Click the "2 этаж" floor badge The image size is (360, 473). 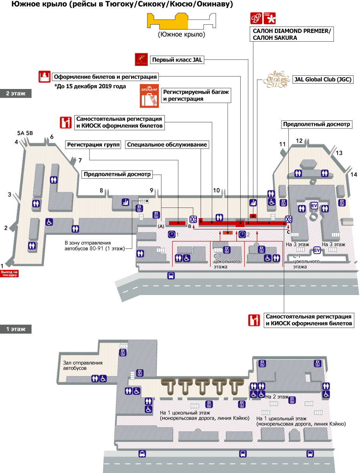16,94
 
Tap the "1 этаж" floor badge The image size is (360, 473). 16,329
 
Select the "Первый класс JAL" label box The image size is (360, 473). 177,60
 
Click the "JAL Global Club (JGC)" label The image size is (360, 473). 323,80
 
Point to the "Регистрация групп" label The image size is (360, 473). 93,145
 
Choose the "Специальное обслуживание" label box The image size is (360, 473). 167,145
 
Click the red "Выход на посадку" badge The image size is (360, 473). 9,273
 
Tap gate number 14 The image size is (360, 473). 354,175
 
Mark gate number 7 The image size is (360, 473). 80,160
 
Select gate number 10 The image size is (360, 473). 216,190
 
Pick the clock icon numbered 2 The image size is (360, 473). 242,234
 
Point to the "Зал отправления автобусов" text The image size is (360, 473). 83,365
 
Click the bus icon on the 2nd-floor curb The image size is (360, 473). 171,276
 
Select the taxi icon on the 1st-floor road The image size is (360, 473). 142,454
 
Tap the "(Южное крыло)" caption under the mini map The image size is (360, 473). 182,34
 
